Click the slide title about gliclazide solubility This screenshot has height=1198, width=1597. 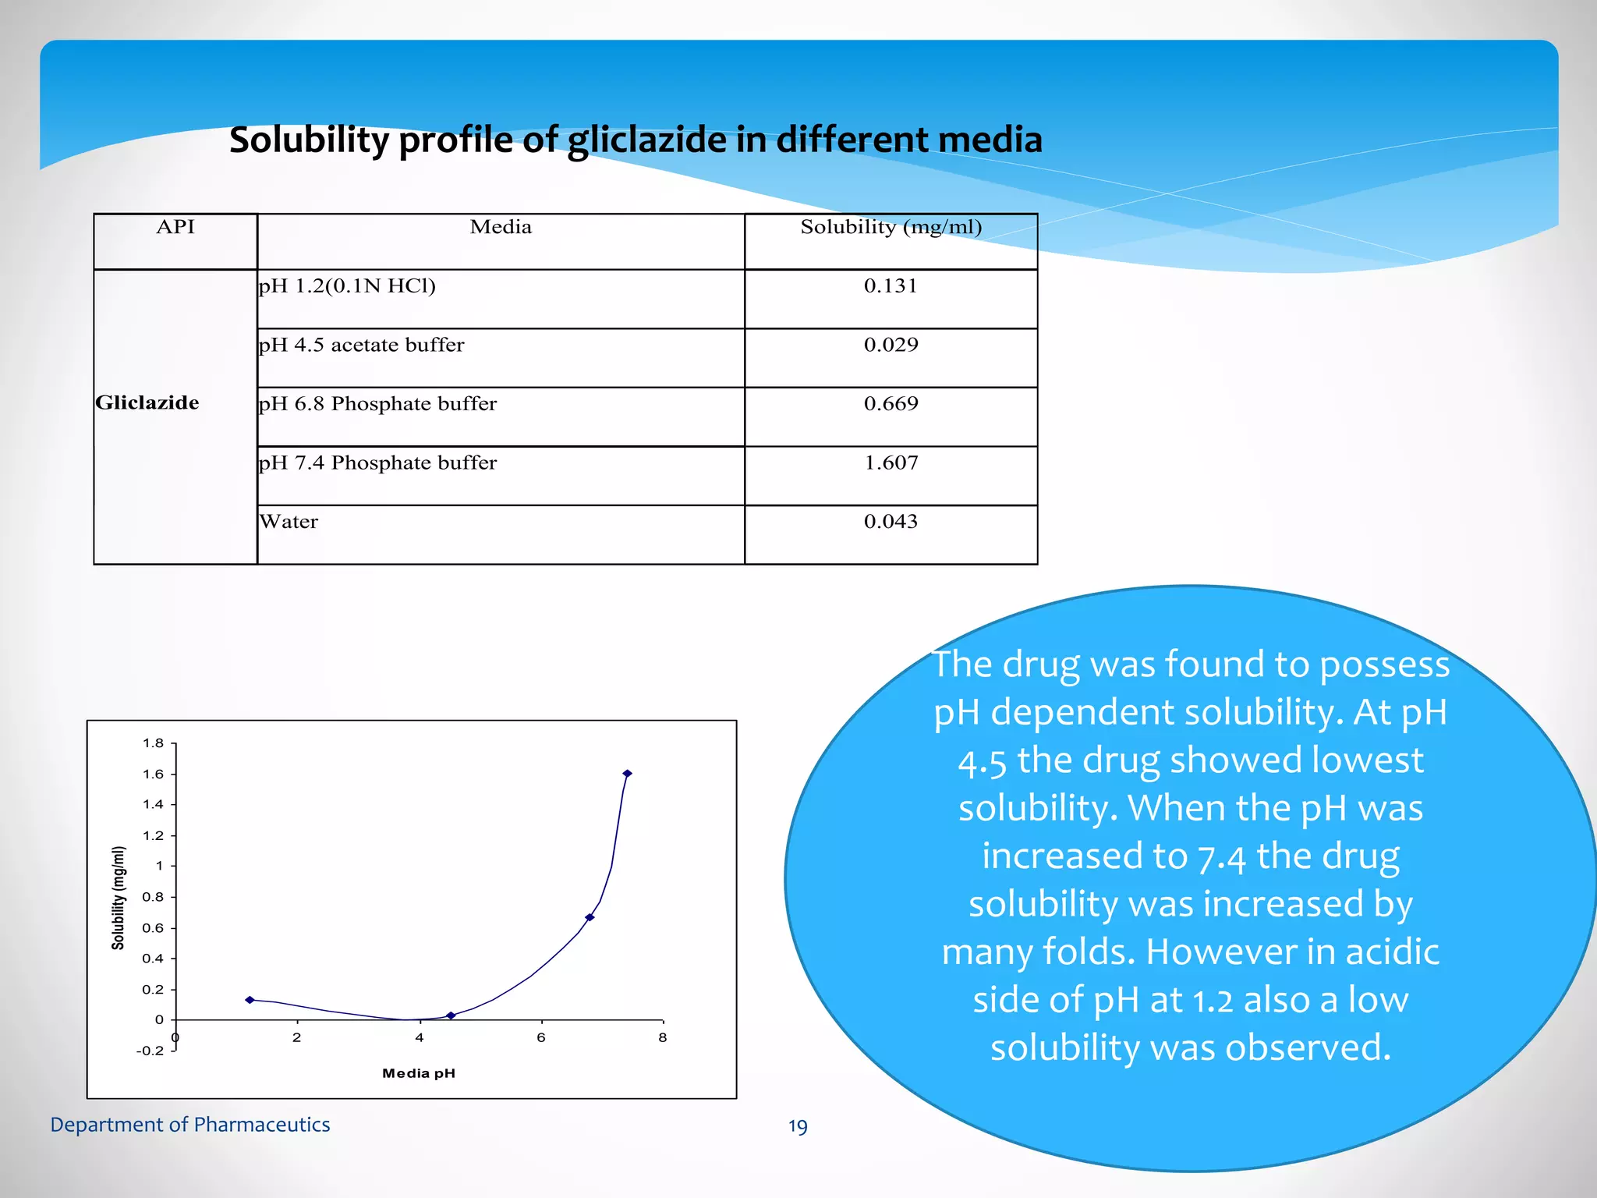[636, 140]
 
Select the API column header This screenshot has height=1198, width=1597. [175, 227]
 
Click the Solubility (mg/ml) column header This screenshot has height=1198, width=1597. [891, 227]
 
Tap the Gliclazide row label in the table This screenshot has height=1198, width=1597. [147, 402]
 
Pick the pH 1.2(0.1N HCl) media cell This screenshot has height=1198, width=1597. [347, 286]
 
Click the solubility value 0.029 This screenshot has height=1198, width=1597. [891, 345]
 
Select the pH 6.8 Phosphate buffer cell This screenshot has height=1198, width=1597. [377, 404]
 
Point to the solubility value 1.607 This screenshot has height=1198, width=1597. [891, 463]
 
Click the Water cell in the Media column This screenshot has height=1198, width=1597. [289, 522]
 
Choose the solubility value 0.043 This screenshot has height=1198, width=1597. [891, 522]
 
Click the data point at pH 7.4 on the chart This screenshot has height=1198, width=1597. [627, 774]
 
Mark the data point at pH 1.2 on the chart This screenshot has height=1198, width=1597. [250, 1000]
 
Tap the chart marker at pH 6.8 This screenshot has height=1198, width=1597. [590, 917]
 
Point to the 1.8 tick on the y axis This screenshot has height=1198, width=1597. [154, 743]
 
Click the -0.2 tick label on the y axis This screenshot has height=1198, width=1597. [150, 1051]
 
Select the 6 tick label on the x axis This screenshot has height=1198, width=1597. [541, 1037]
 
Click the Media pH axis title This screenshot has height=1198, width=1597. [419, 1073]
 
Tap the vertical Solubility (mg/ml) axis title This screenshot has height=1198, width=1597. [119, 898]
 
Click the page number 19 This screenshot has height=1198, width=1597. [798, 1126]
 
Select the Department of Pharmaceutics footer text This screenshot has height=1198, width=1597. [190, 1125]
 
